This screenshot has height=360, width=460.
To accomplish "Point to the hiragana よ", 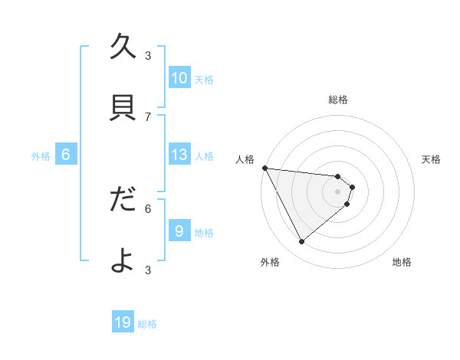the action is (x=123, y=260).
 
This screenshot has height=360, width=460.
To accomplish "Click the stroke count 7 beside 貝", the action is (x=148, y=116).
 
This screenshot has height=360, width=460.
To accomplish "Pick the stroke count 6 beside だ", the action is (x=148, y=208).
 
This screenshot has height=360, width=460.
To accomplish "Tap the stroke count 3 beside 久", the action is (x=148, y=55).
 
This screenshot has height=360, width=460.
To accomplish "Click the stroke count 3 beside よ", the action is (x=148, y=270).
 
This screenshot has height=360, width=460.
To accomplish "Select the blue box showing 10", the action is (x=179, y=78).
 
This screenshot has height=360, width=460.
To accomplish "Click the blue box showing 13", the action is (x=179, y=155).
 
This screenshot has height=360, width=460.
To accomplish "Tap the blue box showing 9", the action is (x=179, y=231).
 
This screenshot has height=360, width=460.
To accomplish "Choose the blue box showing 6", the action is (x=66, y=155).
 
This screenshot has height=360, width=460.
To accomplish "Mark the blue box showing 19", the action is (x=123, y=323).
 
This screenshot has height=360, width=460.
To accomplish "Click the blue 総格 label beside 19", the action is (x=147, y=324).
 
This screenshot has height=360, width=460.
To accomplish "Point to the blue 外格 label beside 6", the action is (x=41, y=156).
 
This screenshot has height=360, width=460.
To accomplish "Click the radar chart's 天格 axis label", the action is (x=432, y=159).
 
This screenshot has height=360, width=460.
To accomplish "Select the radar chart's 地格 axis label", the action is (x=402, y=262).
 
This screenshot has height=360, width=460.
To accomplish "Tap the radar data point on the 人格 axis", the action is (x=264, y=168).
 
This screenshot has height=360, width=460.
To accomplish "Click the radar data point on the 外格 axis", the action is (x=301, y=242).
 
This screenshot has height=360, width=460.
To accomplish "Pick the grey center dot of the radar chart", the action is (x=337, y=191).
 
